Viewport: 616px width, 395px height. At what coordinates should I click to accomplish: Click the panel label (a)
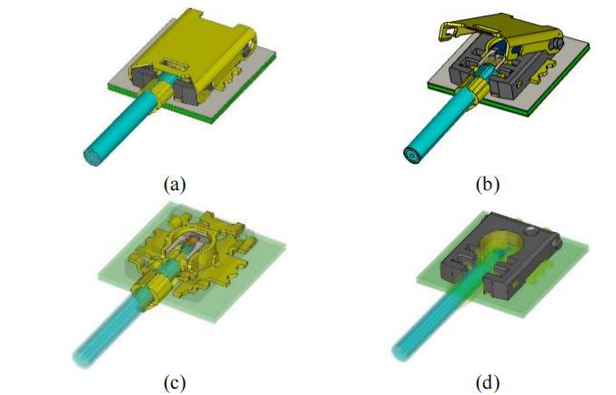coord(175,184)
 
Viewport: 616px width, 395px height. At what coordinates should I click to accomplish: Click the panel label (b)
coord(488,184)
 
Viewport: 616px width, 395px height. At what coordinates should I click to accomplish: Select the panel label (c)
coord(175,382)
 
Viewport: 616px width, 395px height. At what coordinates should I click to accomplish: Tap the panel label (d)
coord(488,382)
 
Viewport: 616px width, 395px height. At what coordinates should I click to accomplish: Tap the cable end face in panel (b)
coord(411,156)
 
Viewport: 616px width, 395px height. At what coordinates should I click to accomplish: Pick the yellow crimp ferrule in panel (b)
coord(478,91)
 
